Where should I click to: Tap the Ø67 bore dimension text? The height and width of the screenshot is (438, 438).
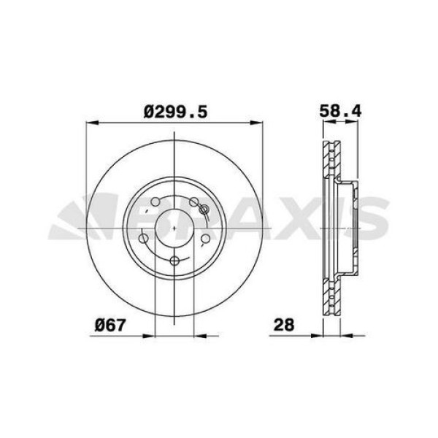(x=107, y=325)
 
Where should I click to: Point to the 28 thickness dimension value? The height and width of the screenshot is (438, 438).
(x=283, y=325)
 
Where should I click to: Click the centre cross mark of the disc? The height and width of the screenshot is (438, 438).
(x=176, y=227)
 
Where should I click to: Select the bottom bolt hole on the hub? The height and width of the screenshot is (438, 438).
(x=174, y=261)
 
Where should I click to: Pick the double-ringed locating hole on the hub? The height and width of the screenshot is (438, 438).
(x=204, y=212)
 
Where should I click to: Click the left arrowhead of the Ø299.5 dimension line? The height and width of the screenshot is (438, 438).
(x=91, y=123)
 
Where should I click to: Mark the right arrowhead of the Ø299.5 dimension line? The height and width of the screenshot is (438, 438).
(x=261, y=123)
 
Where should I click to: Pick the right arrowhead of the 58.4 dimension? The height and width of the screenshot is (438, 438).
(x=358, y=123)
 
